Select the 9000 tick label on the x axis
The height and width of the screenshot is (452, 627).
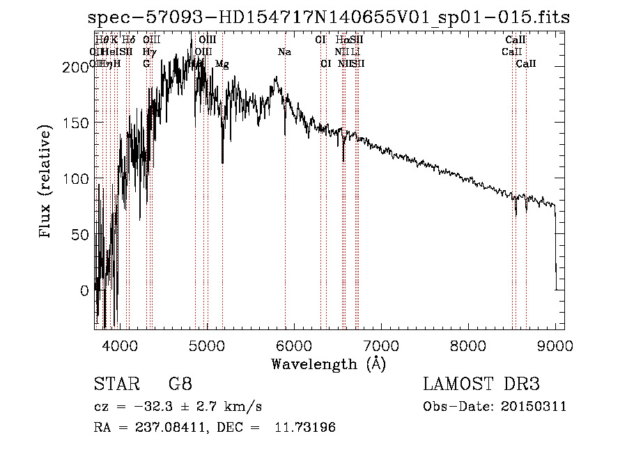[x=555, y=345]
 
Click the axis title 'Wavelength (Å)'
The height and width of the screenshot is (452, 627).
[x=328, y=364]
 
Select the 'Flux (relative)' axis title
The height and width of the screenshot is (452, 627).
[x=47, y=182]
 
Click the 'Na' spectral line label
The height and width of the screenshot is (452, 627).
[x=284, y=52]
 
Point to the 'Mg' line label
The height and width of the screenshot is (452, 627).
[x=222, y=64]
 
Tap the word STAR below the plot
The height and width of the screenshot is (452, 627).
[x=114, y=384]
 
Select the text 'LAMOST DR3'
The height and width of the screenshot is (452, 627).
[x=481, y=384]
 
